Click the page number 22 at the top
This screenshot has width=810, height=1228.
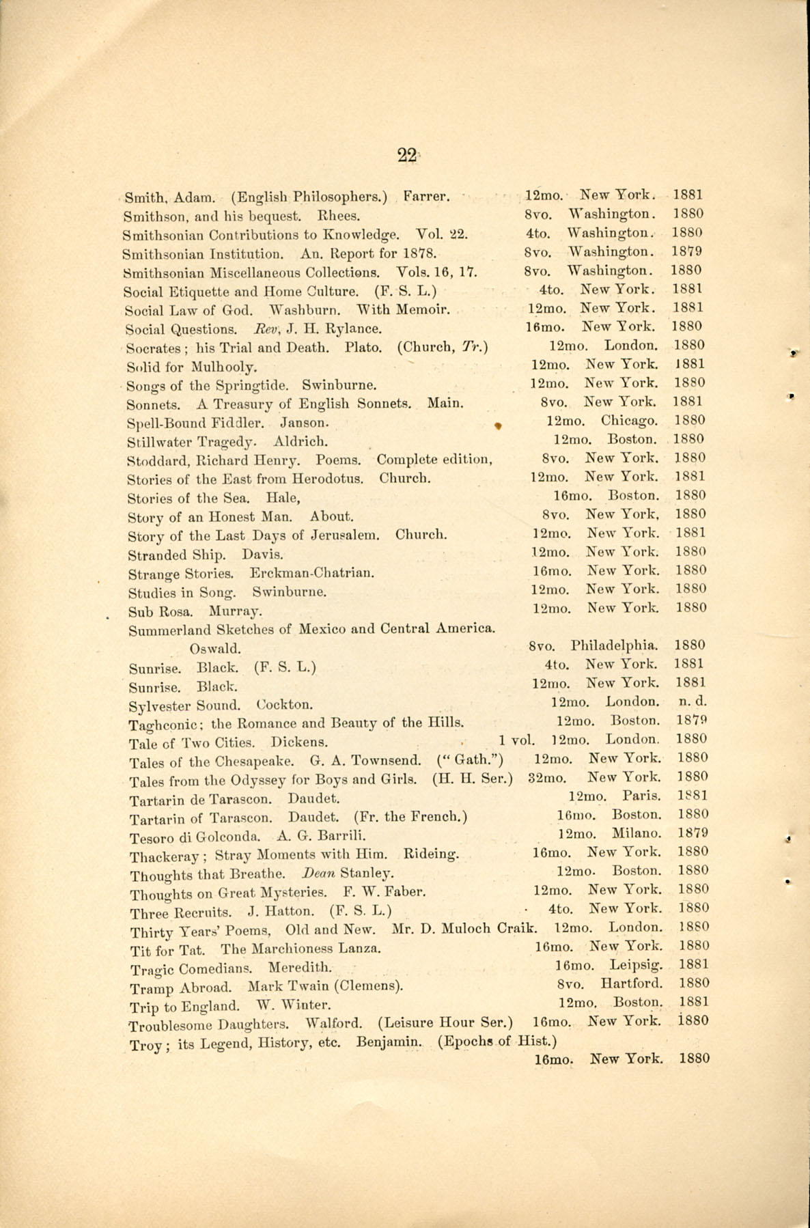pyautogui.click(x=406, y=156)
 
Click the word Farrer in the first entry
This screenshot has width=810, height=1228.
pyautogui.click(x=426, y=198)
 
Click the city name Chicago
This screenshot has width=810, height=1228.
pyautogui.click(x=630, y=421)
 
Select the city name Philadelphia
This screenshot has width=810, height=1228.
pyautogui.click(x=615, y=645)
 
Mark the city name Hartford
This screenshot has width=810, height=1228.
pyautogui.click(x=632, y=983)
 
